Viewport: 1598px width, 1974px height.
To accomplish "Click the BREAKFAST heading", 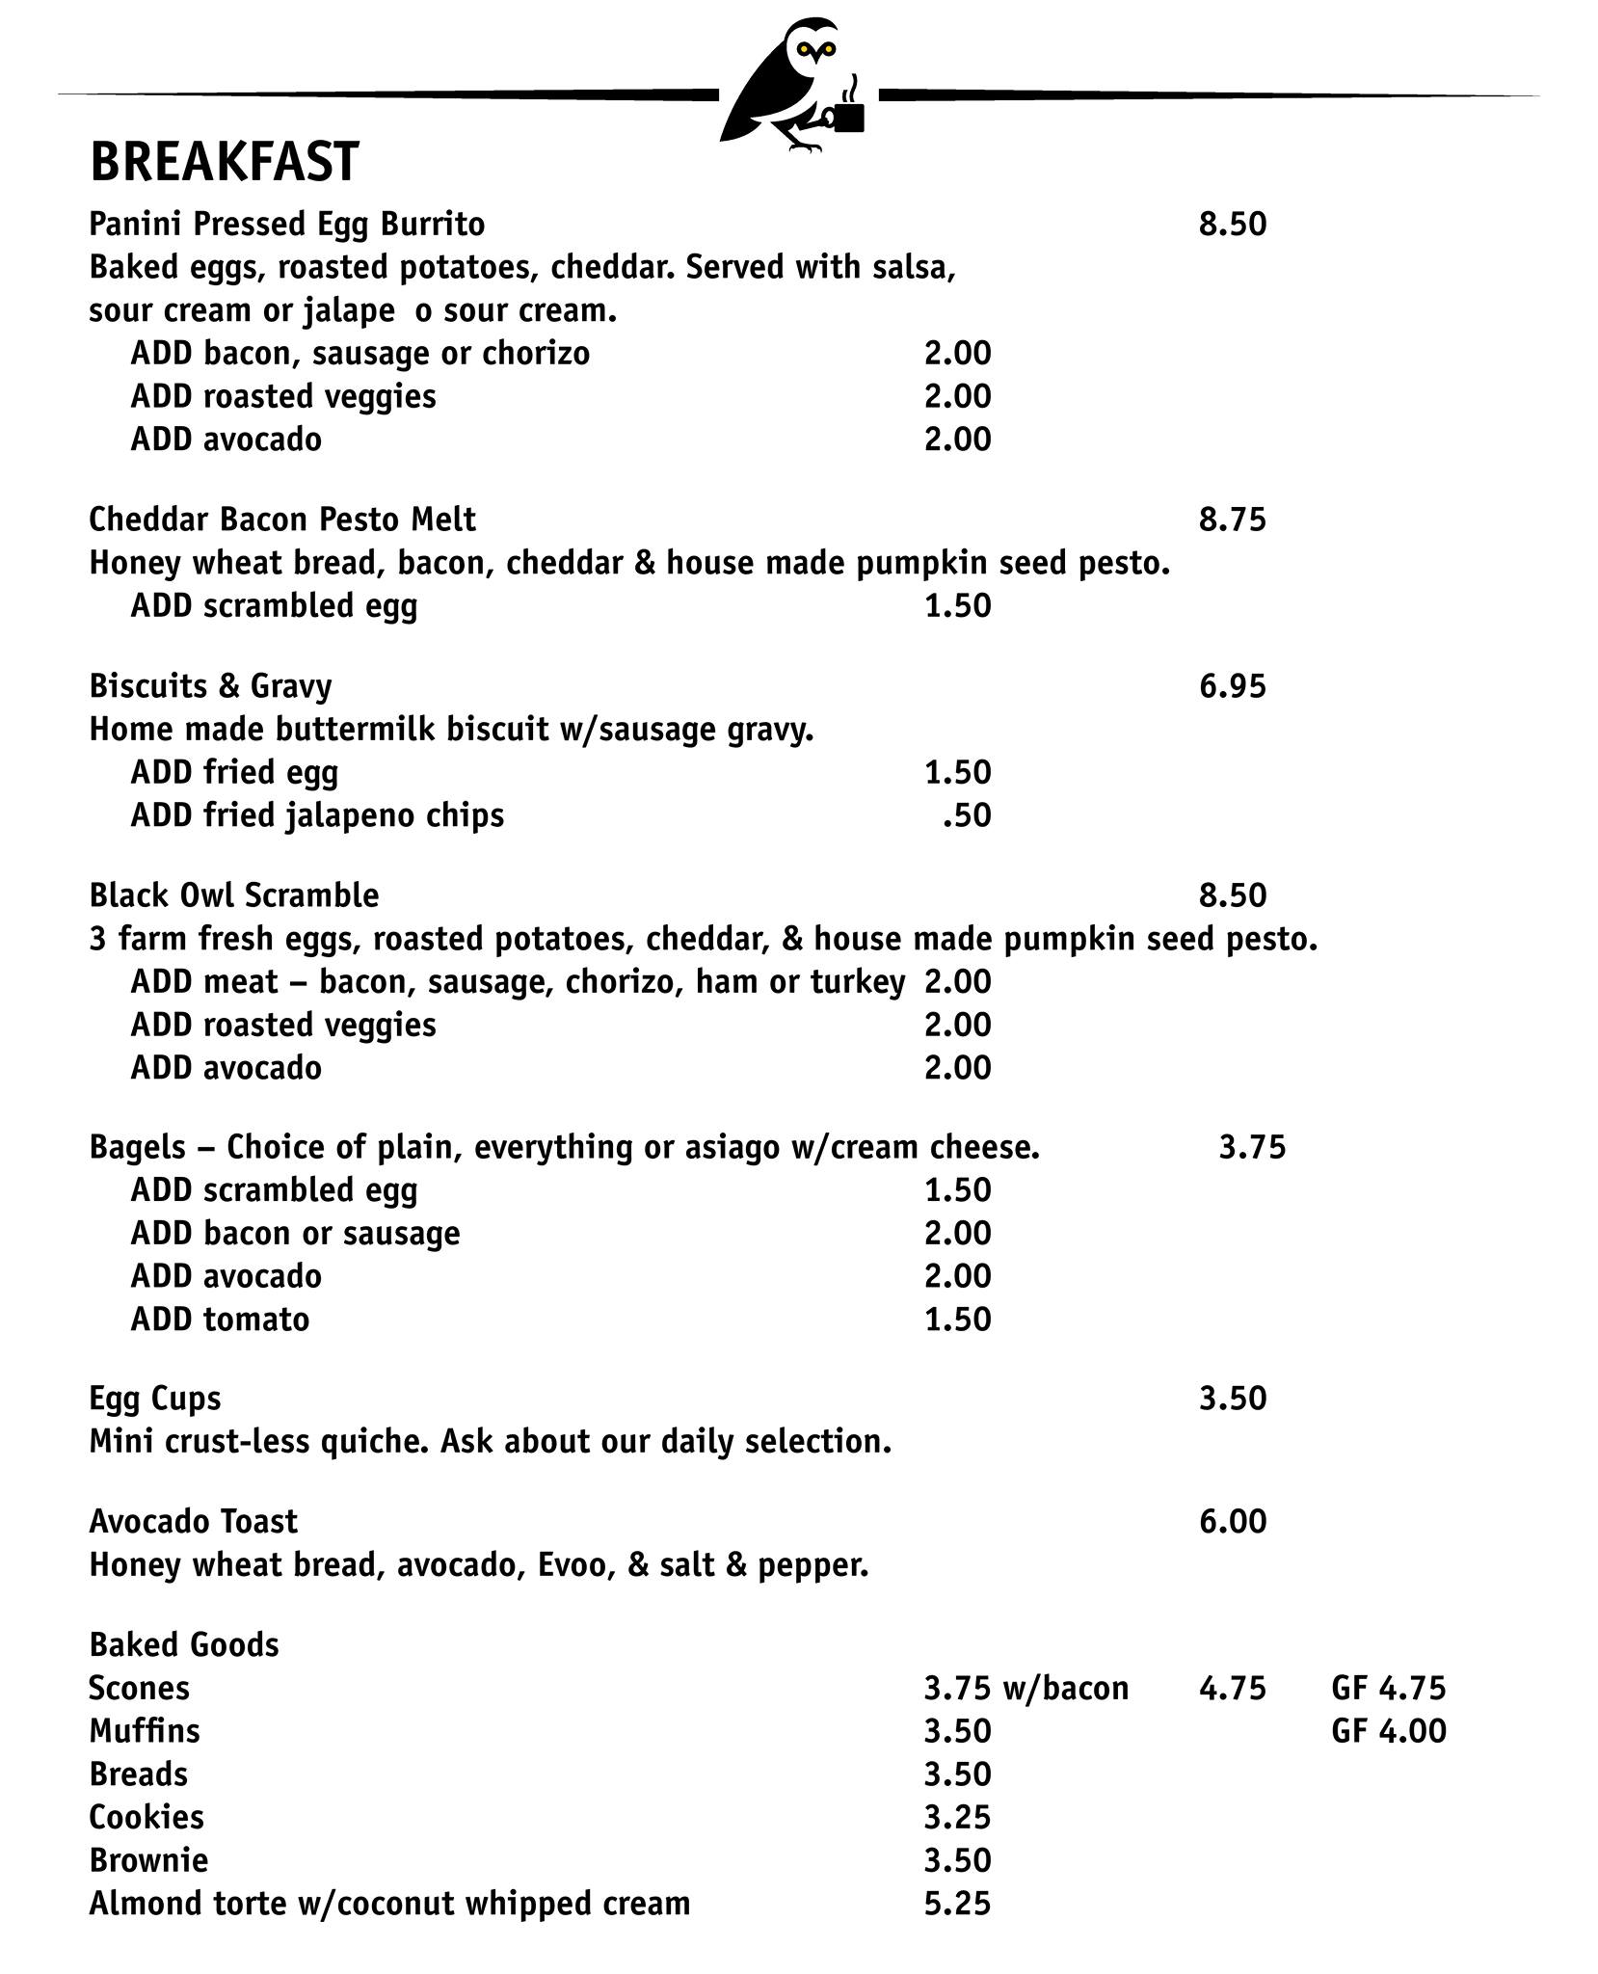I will click(224, 162).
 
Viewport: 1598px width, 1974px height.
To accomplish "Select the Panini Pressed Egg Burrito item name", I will click(286, 225).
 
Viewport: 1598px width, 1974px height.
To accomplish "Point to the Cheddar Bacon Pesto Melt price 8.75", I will click(1232, 520).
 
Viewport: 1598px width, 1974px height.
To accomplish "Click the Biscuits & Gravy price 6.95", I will click(1232, 687).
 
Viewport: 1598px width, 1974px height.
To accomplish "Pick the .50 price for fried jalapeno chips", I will click(966, 815).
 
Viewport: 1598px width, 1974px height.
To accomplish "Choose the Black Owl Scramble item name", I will click(233, 895).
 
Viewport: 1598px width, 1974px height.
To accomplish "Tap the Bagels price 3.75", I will click(1252, 1147).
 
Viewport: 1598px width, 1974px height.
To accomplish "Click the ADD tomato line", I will click(220, 1319).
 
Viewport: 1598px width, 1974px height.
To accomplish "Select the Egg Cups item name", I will click(154, 1399).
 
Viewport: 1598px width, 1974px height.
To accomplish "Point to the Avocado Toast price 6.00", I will click(1232, 1521).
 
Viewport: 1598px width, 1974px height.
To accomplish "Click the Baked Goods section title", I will click(183, 1644).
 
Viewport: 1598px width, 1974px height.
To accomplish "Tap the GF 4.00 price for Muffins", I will click(1388, 1731).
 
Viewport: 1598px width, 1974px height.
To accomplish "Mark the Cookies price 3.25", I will click(957, 1817).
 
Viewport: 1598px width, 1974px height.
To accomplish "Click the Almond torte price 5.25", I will click(957, 1904).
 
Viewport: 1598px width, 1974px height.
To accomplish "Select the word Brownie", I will click(147, 1860).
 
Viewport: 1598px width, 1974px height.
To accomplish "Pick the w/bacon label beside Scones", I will click(1065, 1688).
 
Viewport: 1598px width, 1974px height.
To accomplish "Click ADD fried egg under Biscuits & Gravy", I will click(234, 772).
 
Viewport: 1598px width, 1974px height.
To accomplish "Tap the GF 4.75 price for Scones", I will click(1388, 1688).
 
